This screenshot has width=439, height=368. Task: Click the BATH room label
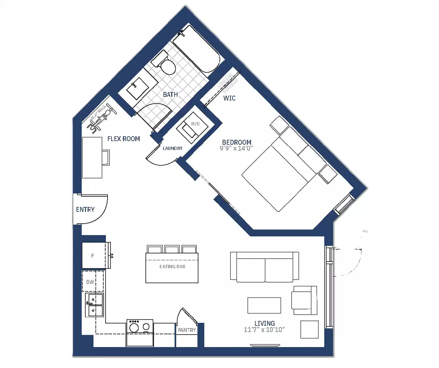[x=170, y=95]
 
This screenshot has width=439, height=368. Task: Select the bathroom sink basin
[x=135, y=86]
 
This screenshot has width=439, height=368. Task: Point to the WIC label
[x=229, y=98]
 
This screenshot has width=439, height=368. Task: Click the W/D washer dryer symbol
[x=193, y=126]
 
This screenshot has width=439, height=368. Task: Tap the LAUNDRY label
[x=173, y=148]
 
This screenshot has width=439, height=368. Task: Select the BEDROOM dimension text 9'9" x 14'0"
[x=237, y=148]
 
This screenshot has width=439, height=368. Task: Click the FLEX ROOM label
[x=124, y=139]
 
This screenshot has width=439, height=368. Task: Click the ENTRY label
[x=85, y=210]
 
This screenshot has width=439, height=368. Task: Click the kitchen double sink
[x=94, y=305]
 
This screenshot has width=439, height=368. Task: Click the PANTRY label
[x=187, y=330]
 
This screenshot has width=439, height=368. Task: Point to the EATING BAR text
[x=172, y=267]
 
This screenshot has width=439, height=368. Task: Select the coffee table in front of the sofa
[x=264, y=305]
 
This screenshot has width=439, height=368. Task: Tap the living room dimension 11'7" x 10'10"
[x=264, y=330]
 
